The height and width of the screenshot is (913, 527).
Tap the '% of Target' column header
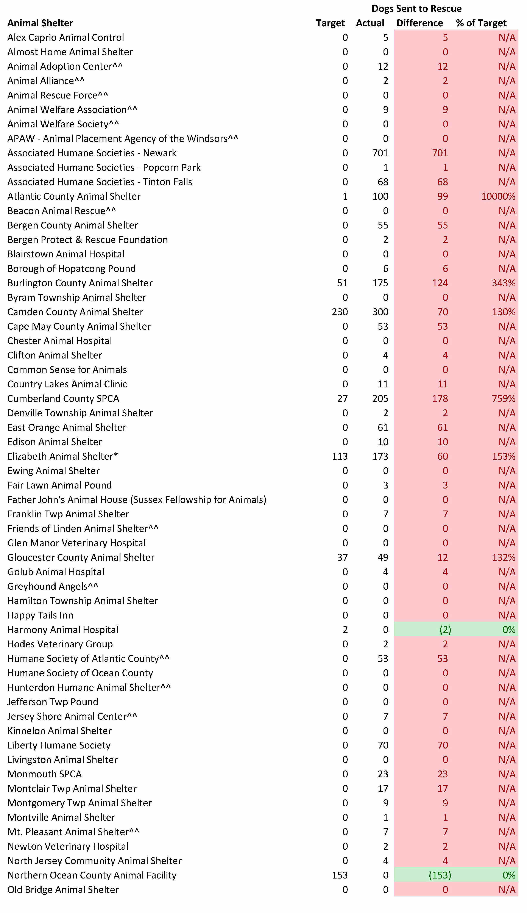481,23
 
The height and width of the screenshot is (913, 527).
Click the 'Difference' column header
419,23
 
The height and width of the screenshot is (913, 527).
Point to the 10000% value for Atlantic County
498,196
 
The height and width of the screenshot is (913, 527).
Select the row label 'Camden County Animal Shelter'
75,312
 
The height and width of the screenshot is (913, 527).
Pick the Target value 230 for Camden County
340,312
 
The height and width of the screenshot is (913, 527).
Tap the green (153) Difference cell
440,875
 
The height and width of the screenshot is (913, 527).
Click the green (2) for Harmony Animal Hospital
445,630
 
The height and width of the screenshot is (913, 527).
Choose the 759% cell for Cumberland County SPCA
504,398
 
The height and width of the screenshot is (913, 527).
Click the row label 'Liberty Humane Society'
59,745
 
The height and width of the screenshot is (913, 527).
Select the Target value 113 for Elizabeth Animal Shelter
340,456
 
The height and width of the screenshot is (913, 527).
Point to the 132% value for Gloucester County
504,557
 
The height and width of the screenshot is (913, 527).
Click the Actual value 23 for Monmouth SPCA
383,774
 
